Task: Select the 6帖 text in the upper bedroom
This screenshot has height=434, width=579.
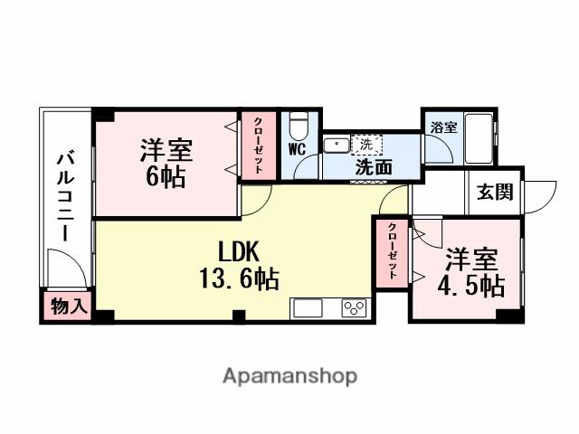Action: tap(166, 177)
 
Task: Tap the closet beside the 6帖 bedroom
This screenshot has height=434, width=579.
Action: tap(258, 145)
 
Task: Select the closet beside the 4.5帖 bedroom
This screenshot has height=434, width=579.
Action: tap(392, 254)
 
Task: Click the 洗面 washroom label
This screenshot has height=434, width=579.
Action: tap(373, 166)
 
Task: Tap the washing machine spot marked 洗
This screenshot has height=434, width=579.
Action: tap(366, 144)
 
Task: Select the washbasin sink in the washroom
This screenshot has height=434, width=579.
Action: tap(337, 144)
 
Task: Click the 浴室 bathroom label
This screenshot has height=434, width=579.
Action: tap(443, 127)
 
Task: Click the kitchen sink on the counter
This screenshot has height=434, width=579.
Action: tap(308, 308)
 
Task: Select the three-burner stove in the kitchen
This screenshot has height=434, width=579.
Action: tap(353, 308)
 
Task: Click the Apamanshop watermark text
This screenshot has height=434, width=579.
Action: tap(289, 374)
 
